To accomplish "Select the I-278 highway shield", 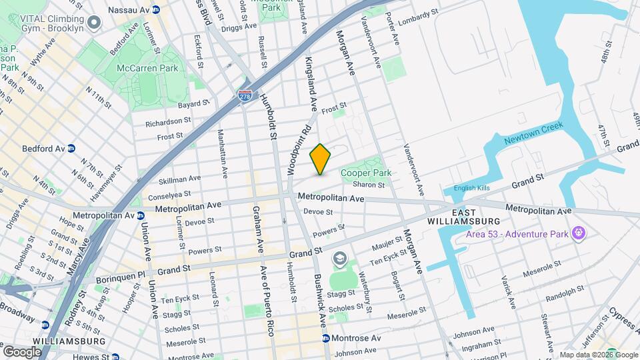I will (x=245, y=96).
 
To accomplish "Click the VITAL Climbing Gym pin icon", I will (x=94, y=23).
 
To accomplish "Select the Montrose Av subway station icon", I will (x=326, y=338).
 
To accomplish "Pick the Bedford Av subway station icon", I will (x=71, y=149).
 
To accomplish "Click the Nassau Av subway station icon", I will (x=155, y=10).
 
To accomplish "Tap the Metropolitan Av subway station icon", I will (x=141, y=215).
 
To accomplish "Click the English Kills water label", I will (x=471, y=188).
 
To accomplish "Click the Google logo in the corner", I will (x=22, y=351).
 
